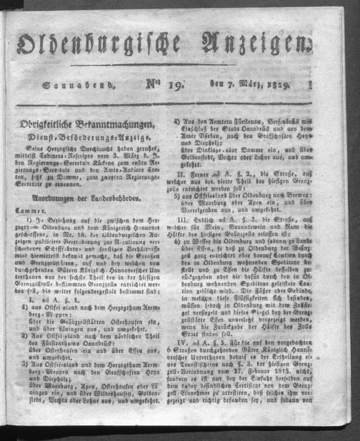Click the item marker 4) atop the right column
[197, 123]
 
